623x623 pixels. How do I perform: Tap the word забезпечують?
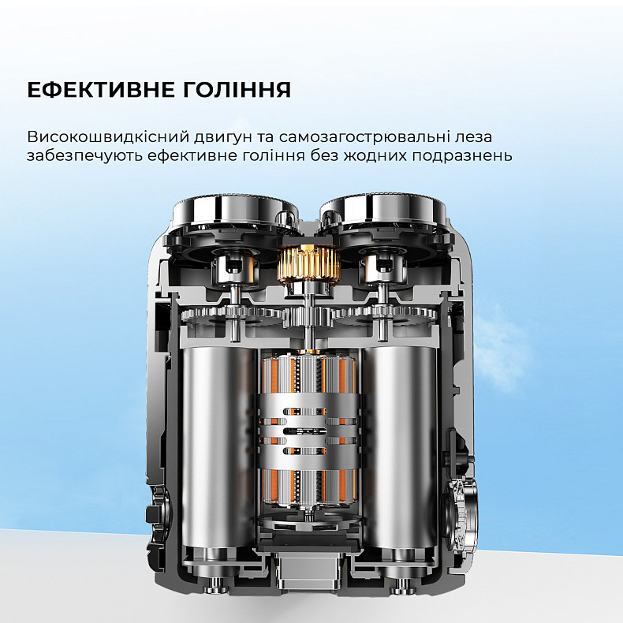point(84,156)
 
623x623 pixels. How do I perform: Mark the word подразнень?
point(461,156)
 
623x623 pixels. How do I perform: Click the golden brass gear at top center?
point(308,263)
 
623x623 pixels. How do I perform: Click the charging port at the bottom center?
point(308,573)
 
